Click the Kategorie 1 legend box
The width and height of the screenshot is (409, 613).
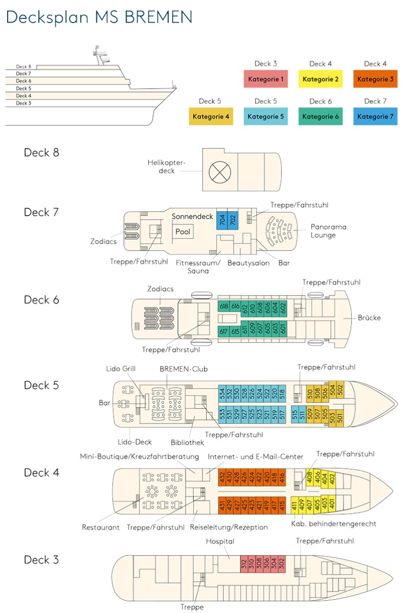coord(265,79)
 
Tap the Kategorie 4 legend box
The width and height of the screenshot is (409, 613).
coord(211,116)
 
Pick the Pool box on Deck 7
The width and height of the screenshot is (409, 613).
coord(182,232)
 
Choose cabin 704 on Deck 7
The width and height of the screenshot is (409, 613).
coord(222,221)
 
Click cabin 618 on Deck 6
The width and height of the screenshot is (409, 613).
coord(223,307)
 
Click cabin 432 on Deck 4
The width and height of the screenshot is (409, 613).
coord(222,478)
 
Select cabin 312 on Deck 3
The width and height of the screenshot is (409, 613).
coord(244,563)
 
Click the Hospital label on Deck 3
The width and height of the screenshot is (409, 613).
coord(220,541)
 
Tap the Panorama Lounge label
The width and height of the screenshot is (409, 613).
coord(329,231)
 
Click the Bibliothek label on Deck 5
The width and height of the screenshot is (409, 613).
coord(188,441)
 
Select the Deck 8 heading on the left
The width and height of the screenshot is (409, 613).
coord(42,153)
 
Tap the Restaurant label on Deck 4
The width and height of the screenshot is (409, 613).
coord(100,527)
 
